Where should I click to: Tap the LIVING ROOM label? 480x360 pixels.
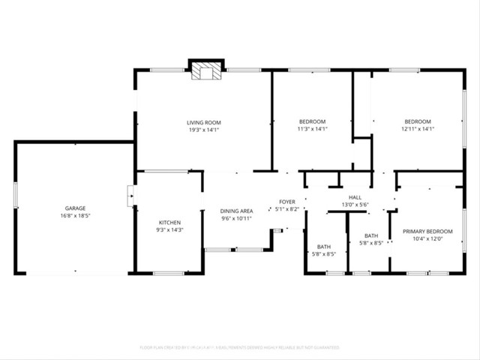click(x=203, y=121)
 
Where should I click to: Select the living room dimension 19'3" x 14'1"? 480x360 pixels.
click(x=203, y=129)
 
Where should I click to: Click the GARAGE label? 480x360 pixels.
click(x=75, y=208)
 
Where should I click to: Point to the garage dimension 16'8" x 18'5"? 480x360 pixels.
click(x=75, y=215)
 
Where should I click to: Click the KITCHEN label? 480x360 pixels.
click(x=169, y=222)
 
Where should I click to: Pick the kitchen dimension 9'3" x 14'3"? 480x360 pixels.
click(x=169, y=229)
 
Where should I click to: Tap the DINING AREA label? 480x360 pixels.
click(x=236, y=211)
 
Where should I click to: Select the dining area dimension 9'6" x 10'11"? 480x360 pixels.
click(x=236, y=218)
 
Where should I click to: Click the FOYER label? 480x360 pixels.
click(x=287, y=201)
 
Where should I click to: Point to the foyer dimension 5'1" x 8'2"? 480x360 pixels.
click(x=287, y=208)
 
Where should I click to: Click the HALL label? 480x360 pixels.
click(x=355, y=196)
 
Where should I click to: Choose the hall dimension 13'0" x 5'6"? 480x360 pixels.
click(x=355, y=204)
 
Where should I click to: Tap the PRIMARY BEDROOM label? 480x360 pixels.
click(x=427, y=231)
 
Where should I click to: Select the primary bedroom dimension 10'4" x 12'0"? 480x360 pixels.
click(x=427, y=238)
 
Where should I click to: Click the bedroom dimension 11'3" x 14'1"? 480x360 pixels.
click(x=312, y=129)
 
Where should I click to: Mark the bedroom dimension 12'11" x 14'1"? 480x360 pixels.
click(x=418, y=129)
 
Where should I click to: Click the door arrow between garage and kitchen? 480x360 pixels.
click(x=132, y=198)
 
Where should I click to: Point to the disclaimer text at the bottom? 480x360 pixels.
click(x=240, y=348)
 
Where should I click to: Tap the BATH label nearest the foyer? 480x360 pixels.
click(x=324, y=247)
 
